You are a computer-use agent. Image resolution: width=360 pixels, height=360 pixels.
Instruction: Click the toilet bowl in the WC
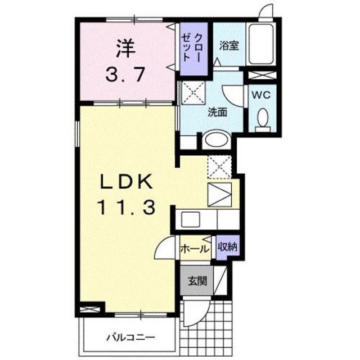pyautogui.click(x=262, y=118)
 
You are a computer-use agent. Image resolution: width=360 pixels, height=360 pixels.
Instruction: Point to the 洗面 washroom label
pyautogui.click(x=218, y=111)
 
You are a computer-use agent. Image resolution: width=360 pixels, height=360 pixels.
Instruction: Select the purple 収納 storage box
pyautogui.click(x=228, y=246)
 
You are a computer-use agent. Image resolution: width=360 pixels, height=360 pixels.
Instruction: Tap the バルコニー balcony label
pyautogui.click(x=130, y=337)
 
